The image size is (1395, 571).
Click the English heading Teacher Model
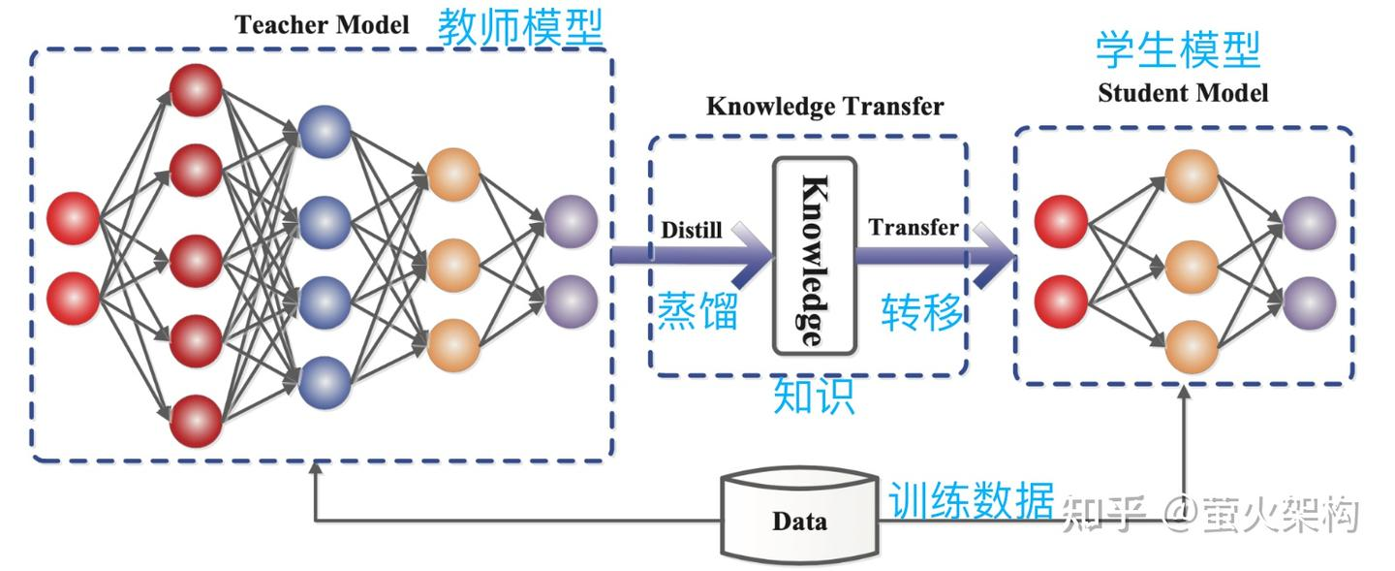322,24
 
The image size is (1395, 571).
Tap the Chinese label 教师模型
520,28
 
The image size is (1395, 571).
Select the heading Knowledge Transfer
824,106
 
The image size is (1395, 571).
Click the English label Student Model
1182,93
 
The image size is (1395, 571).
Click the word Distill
692,231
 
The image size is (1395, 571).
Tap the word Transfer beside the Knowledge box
913,228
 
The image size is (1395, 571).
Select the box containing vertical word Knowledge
814,255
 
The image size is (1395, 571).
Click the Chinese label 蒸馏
697,313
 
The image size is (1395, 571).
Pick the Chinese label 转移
922,312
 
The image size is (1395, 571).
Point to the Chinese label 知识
814,396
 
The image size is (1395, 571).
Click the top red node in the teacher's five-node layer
196,88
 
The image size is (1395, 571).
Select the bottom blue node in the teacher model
324,382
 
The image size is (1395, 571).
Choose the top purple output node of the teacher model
571,220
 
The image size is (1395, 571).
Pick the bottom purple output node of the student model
1310,301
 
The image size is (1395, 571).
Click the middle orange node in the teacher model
453,261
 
